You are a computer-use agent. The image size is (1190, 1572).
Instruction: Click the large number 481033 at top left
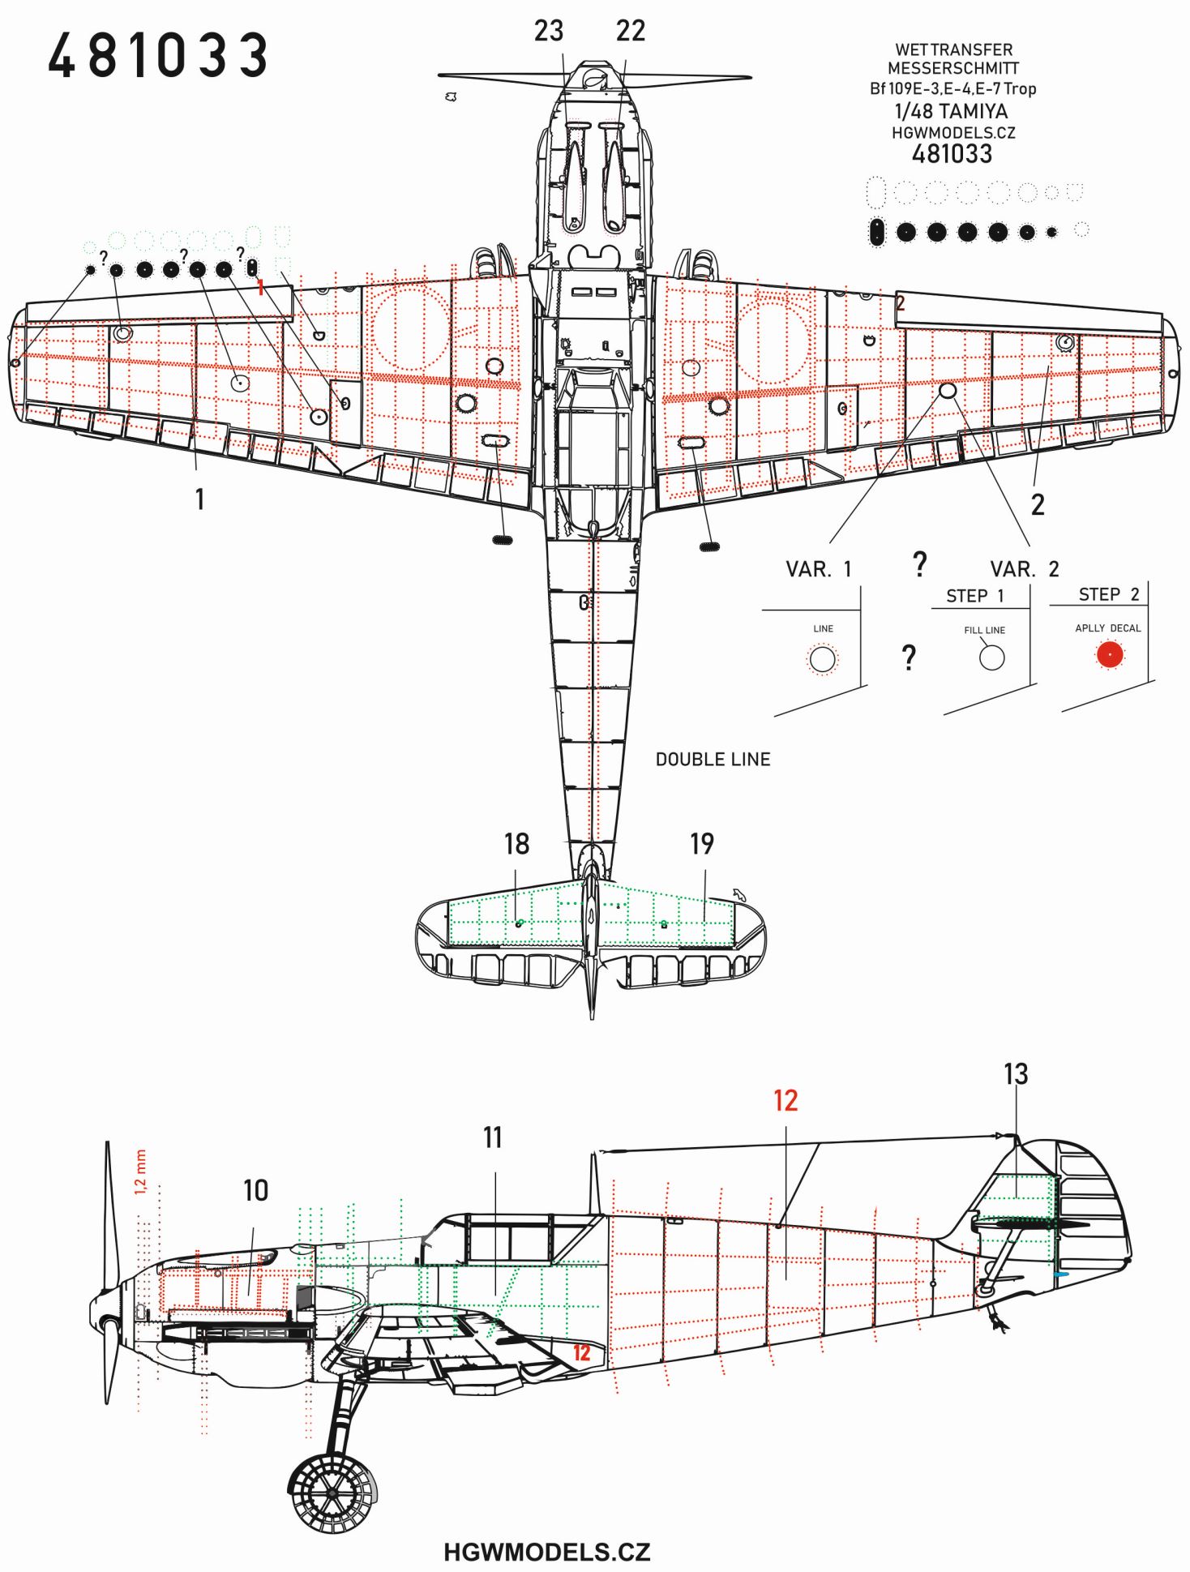157,56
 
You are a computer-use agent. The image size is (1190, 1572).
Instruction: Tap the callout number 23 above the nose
549,31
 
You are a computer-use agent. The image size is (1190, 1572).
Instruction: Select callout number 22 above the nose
630,31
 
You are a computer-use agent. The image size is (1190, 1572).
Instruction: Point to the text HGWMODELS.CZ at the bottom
546,1552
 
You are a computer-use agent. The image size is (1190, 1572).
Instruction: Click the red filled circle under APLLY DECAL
1110,655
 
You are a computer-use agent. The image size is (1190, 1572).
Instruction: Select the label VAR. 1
819,569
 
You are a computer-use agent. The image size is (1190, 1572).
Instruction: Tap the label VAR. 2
1025,569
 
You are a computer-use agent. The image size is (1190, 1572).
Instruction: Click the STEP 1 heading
975,596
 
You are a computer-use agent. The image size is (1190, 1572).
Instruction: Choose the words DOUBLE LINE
713,760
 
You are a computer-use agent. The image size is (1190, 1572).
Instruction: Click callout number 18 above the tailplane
516,844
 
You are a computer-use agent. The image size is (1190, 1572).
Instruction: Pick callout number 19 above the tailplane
702,844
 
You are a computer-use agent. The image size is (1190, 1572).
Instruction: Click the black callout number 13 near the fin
1016,1074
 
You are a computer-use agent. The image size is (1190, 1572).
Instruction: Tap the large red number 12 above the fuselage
785,1101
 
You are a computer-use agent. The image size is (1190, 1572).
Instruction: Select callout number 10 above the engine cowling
255,1190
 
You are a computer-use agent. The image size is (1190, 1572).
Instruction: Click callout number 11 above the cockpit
493,1137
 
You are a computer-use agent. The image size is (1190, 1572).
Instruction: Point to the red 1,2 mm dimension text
140,1172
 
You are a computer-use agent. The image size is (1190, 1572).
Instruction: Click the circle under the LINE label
823,659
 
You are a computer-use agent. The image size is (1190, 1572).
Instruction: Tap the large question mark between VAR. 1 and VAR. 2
919,563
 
